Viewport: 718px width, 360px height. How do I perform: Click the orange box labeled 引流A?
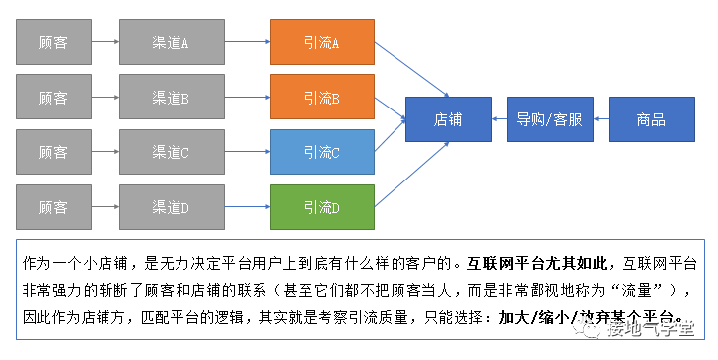tap(322, 42)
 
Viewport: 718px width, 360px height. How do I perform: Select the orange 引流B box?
tap(322, 98)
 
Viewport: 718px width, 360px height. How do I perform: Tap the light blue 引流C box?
tap(322, 152)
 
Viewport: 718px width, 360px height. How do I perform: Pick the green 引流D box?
tap(322, 207)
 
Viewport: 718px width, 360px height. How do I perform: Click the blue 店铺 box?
tap(448, 120)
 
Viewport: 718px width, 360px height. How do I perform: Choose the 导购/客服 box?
tap(549, 120)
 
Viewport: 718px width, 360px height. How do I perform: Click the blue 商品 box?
tap(651, 120)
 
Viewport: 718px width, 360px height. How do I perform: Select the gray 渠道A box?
tap(171, 42)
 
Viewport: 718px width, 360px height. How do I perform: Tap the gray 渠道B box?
tap(171, 98)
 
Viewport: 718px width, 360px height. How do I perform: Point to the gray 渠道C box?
tap(171, 152)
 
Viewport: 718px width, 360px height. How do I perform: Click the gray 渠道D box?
tap(171, 207)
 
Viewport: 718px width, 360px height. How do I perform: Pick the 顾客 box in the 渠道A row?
tap(53, 42)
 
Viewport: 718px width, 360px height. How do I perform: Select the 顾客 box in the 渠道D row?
tap(53, 207)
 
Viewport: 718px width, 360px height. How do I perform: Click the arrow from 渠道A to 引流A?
tap(246, 42)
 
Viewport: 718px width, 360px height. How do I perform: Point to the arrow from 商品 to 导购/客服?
tap(600, 120)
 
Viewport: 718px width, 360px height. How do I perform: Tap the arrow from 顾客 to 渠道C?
tap(105, 152)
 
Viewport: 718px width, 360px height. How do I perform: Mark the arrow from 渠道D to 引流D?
tap(246, 207)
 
